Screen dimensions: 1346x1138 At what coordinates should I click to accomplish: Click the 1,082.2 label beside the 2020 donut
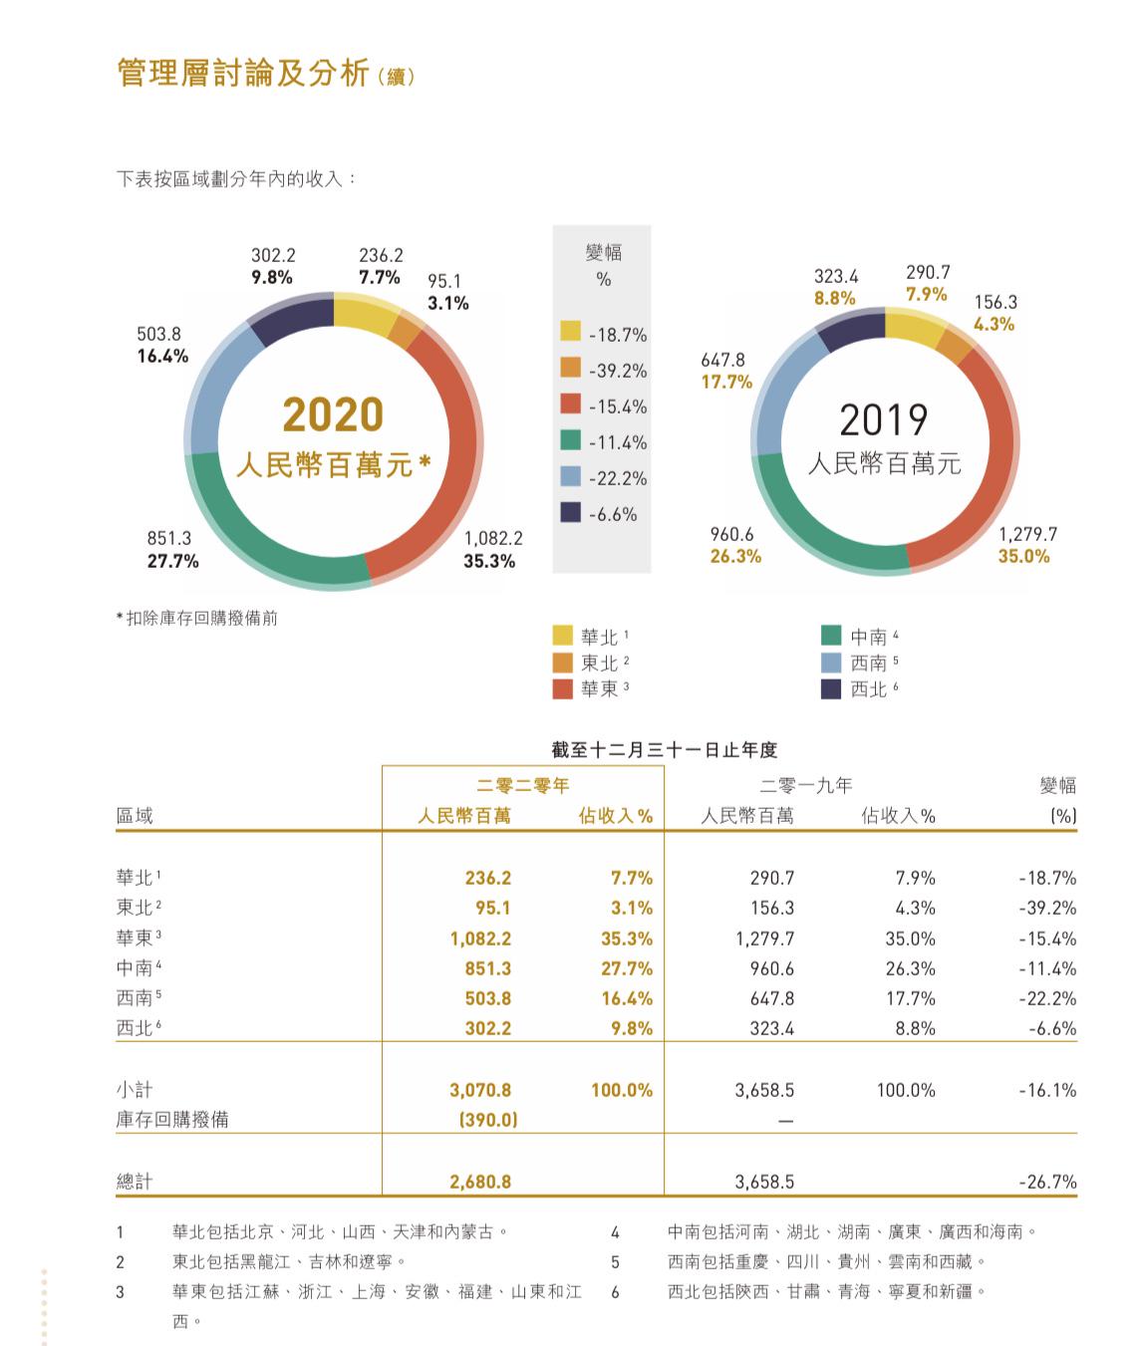pos(493,538)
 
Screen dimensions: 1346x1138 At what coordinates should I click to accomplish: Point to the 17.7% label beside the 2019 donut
pos(725,382)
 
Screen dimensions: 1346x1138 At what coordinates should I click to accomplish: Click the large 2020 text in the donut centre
pos(333,414)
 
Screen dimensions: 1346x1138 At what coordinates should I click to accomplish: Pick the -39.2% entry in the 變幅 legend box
pos(617,371)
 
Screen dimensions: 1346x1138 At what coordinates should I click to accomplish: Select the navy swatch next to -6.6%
pos(570,513)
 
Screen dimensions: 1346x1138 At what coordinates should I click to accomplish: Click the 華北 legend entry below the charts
pos(599,637)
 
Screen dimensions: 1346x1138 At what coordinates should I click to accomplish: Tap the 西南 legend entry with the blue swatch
pos(867,663)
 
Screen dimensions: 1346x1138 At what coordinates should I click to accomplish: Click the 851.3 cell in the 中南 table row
pos(487,968)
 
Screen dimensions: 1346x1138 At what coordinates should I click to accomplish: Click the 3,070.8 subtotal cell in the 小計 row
pos(480,1090)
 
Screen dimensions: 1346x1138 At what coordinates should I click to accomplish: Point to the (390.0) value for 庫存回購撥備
pos(487,1120)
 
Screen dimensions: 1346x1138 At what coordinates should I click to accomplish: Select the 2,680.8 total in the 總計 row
pos(480,1182)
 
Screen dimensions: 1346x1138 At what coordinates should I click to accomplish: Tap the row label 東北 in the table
pos(136,908)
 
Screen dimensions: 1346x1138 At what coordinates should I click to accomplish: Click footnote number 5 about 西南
pos(615,1261)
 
